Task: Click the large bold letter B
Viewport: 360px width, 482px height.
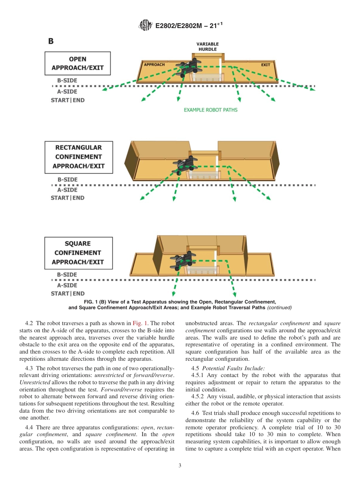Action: (x=50, y=41)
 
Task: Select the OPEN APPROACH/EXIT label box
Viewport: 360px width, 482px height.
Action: (x=78, y=64)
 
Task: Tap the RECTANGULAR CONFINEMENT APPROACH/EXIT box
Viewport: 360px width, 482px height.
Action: (x=78, y=157)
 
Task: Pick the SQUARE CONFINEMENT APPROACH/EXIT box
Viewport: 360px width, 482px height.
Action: (x=78, y=253)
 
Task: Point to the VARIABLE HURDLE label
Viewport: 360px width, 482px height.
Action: (x=207, y=47)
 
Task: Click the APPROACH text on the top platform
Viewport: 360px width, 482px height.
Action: (x=154, y=64)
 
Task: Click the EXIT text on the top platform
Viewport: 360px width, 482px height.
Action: (x=266, y=65)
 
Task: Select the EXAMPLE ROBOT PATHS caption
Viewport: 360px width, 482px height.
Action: (x=210, y=110)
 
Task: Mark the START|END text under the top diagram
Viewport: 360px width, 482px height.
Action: (x=68, y=100)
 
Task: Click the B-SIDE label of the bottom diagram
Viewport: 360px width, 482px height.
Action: (x=67, y=274)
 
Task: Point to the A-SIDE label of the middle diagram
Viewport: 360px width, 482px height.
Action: (x=67, y=190)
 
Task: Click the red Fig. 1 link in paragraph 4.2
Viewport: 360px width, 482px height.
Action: (x=138, y=323)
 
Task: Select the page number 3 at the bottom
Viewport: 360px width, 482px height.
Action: (x=180, y=466)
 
